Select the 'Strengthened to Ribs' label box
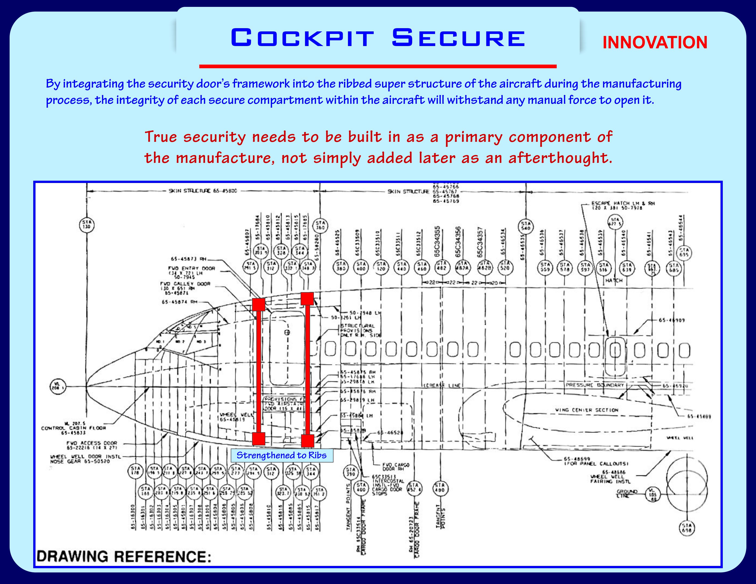281,455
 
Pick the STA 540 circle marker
526,226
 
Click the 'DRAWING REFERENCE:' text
123,557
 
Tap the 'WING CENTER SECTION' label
586,410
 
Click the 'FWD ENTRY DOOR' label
192,268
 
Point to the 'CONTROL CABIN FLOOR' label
73,428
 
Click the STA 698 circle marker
687,528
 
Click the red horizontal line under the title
378,66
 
